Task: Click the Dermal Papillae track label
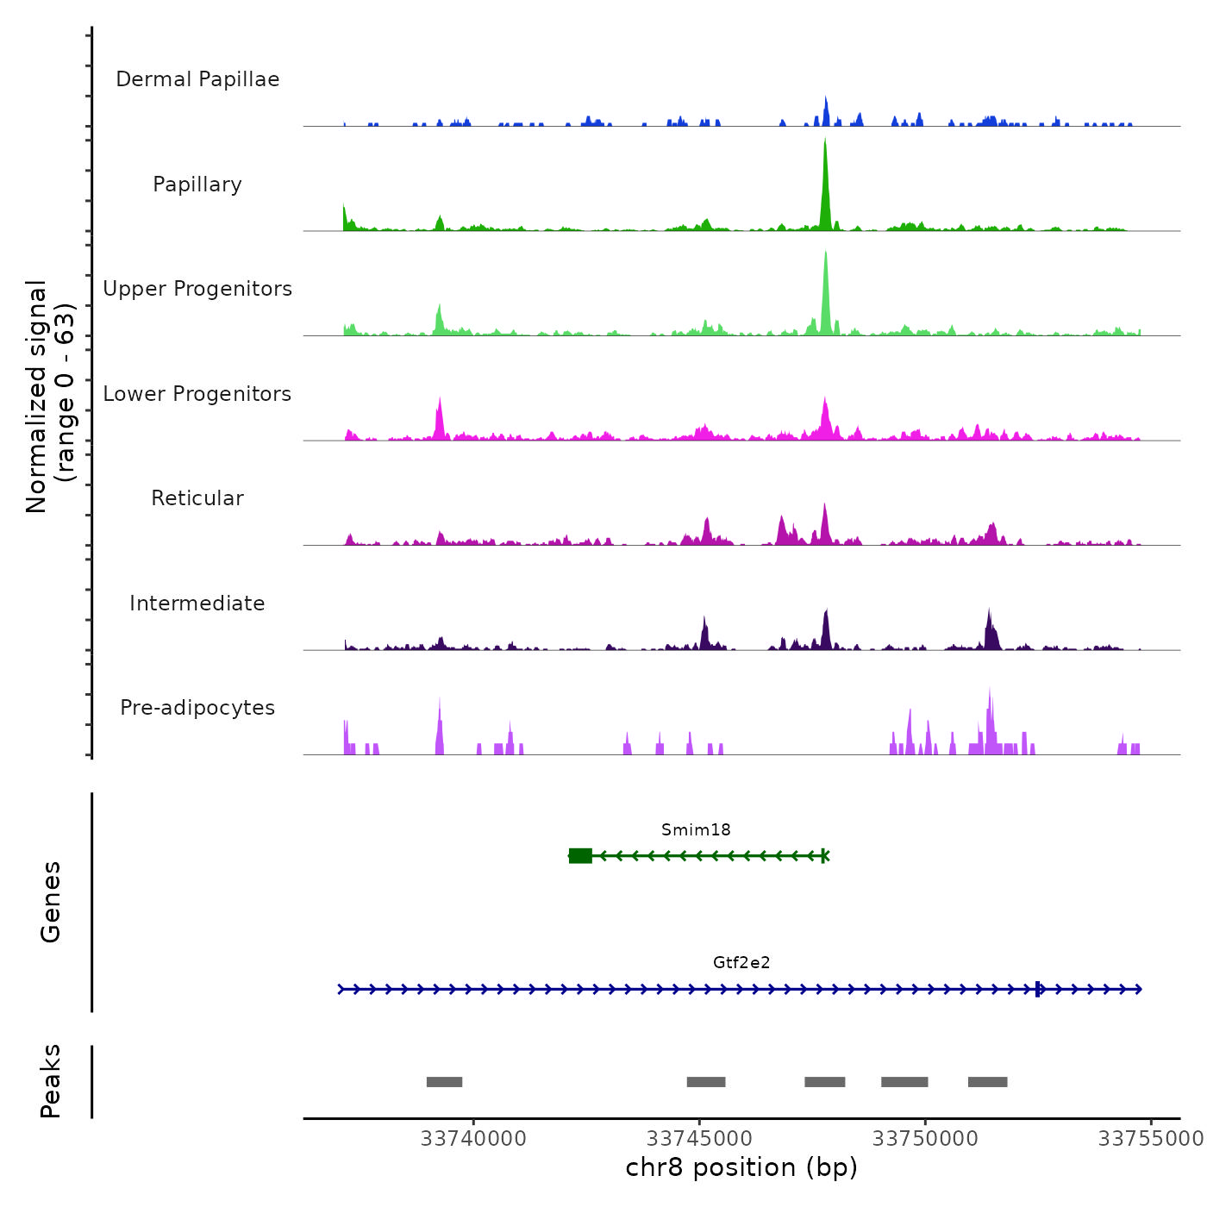pos(197,79)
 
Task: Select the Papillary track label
pos(197,184)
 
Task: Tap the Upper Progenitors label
pos(197,289)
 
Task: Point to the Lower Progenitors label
pos(197,394)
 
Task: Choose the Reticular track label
pos(197,498)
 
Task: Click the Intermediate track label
pos(197,603)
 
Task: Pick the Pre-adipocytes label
pos(197,708)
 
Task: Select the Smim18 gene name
pos(696,830)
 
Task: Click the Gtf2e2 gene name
pos(741,963)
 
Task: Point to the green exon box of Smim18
pos(581,855)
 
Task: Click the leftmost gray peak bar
pos(444,1082)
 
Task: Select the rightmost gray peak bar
pos(987,1082)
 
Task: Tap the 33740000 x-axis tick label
pos(473,1139)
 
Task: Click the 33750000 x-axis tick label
pos(925,1139)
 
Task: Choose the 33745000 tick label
pos(699,1139)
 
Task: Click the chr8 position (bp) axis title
pos(741,1167)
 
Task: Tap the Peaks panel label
pos(51,1081)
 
